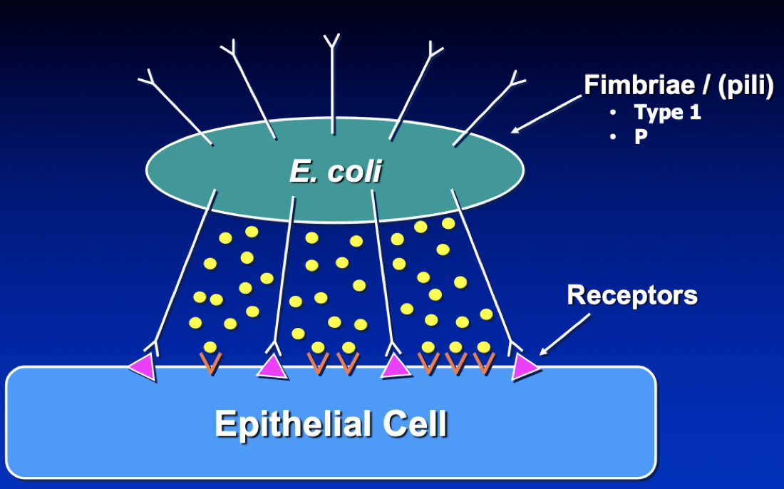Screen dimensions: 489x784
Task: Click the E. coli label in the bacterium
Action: [335, 171]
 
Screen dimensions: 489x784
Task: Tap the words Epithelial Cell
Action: [331, 424]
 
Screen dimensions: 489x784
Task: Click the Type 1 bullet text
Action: [667, 113]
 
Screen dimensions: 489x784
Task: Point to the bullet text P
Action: [641, 137]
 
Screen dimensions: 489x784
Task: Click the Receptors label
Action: [632, 295]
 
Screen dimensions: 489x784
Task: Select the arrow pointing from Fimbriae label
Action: [546, 114]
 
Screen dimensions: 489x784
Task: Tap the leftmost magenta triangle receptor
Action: [143, 367]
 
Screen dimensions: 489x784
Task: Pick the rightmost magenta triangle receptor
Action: [525, 366]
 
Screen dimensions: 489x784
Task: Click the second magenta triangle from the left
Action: [272, 366]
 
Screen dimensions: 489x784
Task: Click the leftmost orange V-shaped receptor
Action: [210, 362]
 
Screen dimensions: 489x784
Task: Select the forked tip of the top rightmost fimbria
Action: [514, 78]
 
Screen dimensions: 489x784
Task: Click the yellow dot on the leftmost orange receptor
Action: [210, 346]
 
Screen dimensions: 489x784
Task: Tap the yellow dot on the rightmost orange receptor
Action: [484, 347]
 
